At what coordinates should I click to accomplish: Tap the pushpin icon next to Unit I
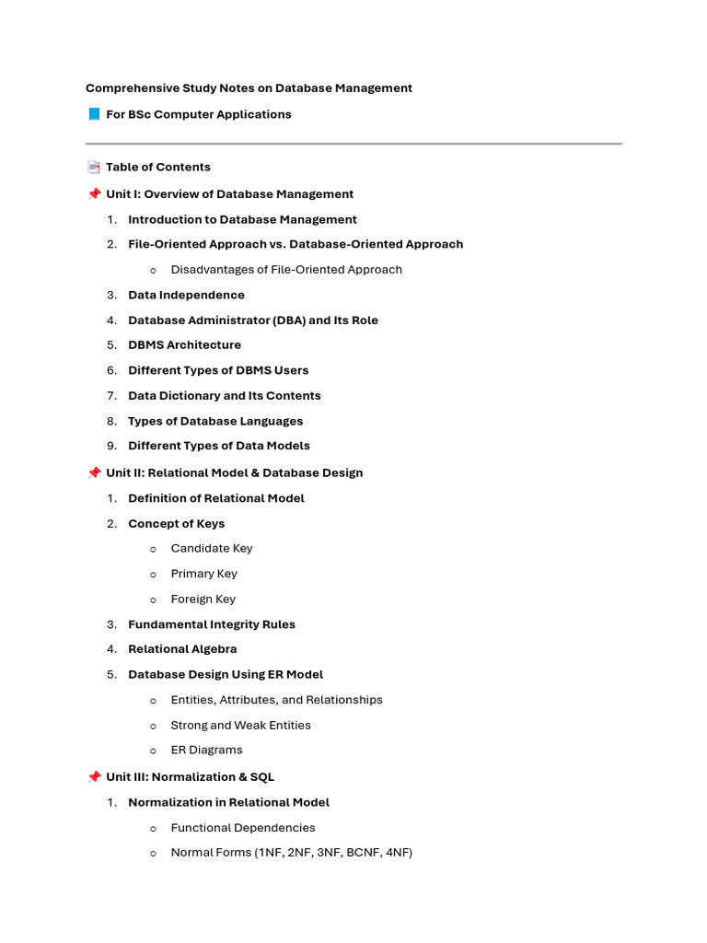point(93,193)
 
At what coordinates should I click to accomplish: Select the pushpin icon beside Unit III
point(93,776)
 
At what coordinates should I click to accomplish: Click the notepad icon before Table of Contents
point(93,167)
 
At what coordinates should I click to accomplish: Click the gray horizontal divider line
point(353,144)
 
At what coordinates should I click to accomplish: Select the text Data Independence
point(186,295)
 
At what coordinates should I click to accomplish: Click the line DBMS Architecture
point(184,345)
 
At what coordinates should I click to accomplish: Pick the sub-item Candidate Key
point(211,548)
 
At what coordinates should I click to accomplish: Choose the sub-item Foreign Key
point(203,599)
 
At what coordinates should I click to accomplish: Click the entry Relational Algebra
point(182,649)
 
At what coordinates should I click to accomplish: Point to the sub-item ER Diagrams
point(206,750)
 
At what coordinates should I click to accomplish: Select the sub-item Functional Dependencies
point(243,828)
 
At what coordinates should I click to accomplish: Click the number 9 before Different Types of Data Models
point(110,446)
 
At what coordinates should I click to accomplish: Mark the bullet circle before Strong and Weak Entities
point(153,726)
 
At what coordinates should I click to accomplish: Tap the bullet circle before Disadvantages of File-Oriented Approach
point(153,270)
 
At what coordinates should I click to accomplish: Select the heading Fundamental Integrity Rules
point(212,624)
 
